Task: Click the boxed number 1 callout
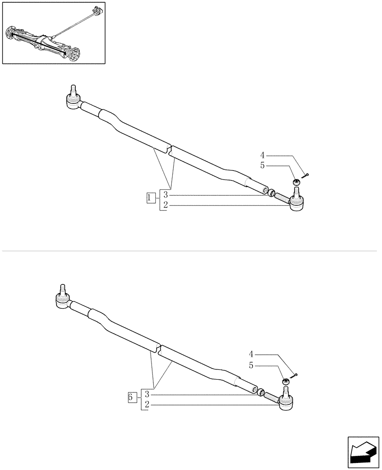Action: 150,198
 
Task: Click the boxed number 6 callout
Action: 132,398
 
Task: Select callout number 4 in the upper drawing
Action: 263,155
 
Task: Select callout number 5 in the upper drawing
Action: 263,165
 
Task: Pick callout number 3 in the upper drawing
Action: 165,195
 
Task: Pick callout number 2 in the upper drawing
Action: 165,205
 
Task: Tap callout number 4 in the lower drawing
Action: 251,353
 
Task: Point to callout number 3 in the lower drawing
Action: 147,394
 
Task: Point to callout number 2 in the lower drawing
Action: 147,404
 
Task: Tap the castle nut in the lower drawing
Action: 286,381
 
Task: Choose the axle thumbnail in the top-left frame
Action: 54,33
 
